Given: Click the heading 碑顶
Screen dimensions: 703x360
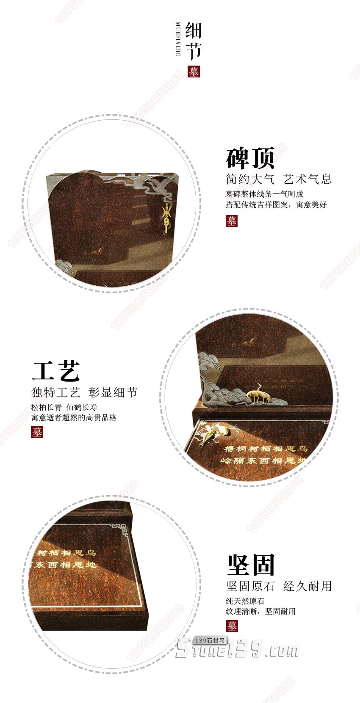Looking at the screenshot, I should pyautogui.click(x=250, y=158).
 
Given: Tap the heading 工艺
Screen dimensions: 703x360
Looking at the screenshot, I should pyautogui.click(x=56, y=371).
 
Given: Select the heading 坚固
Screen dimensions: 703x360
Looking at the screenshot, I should pyautogui.click(x=251, y=565).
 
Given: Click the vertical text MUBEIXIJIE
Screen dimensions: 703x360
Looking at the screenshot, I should pyautogui.click(x=178, y=39).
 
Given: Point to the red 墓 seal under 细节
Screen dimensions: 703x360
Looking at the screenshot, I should pyautogui.click(x=194, y=72).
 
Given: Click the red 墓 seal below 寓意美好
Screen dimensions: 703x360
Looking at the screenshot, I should pyautogui.click(x=231, y=221).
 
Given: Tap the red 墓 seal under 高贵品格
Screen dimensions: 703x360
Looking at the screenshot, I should pyautogui.click(x=37, y=432).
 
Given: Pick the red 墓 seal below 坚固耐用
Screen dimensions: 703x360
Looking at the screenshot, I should pyautogui.click(x=232, y=626).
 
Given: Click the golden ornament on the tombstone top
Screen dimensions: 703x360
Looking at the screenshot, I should pyautogui.click(x=167, y=217).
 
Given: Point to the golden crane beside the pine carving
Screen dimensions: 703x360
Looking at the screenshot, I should pyautogui.click(x=256, y=393).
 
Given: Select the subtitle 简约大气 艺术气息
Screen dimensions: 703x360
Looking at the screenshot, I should pyautogui.click(x=278, y=179).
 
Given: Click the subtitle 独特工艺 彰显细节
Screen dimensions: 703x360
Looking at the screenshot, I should pyautogui.click(x=84, y=392).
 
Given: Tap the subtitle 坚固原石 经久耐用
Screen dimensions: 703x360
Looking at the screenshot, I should pyautogui.click(x=279, y=586).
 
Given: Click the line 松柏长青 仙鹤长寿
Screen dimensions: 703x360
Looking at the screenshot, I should pyautogui.click(x=64, y=407).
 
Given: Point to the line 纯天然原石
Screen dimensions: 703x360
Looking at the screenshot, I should pyautogui.click(x=245, y=601).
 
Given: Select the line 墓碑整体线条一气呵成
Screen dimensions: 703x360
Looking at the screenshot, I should pyautogui.click(x=264, y=194).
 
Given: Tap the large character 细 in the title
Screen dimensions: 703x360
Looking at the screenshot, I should pyautogui.click(x=194, y=31).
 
